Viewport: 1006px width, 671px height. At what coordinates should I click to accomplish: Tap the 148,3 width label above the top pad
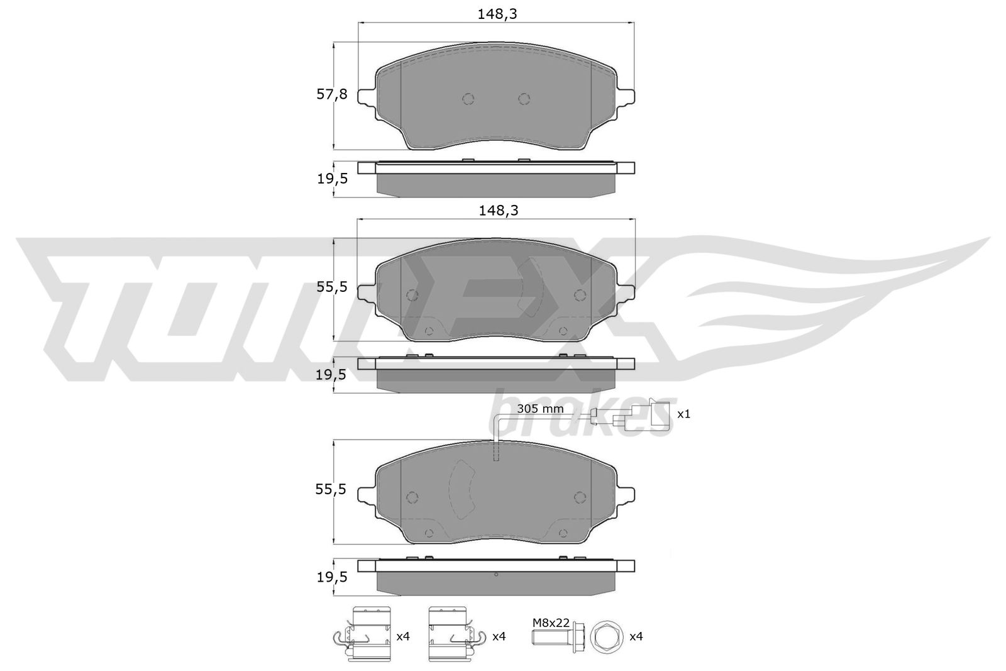click(x=497, y=14)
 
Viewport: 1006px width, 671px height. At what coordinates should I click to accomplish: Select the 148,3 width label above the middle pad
click(x=498, y=210)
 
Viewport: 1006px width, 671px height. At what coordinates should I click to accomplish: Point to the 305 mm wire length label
click(x=540, y=409)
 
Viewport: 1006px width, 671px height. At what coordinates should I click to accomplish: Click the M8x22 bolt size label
click(x=551, y=623)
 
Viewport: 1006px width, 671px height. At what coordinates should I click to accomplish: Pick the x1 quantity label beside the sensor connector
click(x=683, y=414)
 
